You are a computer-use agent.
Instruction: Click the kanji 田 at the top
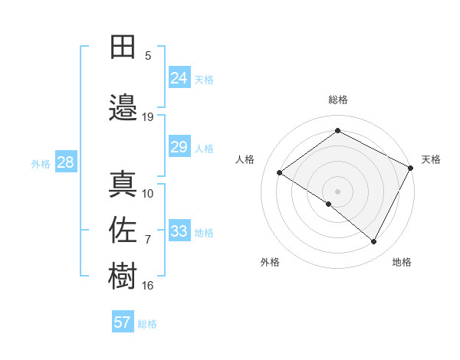[x=123, y=47]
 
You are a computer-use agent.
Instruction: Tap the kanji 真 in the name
[x=123, y=184]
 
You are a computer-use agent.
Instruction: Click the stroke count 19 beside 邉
[x=148, y=117]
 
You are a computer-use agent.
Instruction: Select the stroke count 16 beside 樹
[x=148, y=286]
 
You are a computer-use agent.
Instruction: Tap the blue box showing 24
[x=179, y=77]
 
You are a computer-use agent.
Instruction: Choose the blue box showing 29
[x=179, y=147]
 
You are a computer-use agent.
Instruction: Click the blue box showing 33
[x=179, y=231]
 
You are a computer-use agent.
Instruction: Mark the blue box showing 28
[x=65, y=162]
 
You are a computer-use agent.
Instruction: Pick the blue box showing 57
[x=123, y=322]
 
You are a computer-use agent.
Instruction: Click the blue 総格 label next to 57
[x=148, y=324]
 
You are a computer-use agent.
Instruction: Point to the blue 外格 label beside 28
[x=41, y=164]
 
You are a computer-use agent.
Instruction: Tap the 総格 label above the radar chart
[x=338, y=100]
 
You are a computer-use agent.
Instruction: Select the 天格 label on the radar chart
[x=431, y=159]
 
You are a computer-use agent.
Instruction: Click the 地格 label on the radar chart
[x=402, y=262]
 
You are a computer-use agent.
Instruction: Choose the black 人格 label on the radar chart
[x=245, y=159]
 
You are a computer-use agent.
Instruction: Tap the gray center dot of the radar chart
[x=337, y=190]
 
